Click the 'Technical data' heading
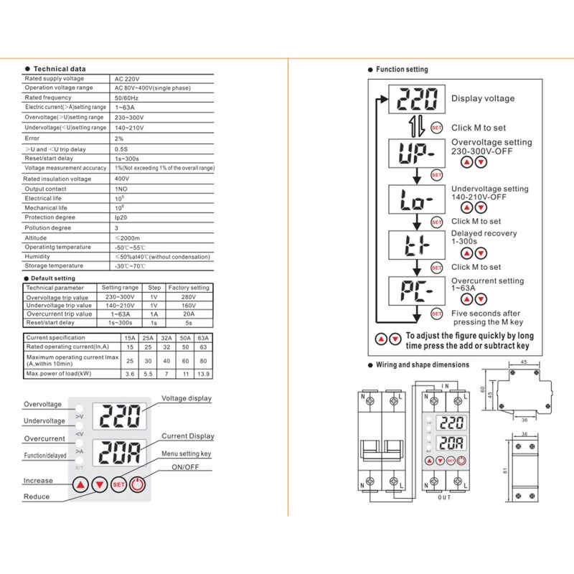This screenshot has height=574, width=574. pos(60,69)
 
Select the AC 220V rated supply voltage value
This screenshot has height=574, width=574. pos(126,78)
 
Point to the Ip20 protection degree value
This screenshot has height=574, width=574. pos(120,217)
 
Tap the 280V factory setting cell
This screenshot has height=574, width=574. pos(188,296)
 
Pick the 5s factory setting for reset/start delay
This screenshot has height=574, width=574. pos(188,322)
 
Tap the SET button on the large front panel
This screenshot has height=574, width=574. pos(120,484)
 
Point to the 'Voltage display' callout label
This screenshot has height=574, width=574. pos(187,398)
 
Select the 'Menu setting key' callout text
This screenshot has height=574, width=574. pos(186,453)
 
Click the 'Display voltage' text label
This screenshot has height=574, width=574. pos(483,98)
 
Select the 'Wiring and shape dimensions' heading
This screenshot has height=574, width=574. pos(422,364)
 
